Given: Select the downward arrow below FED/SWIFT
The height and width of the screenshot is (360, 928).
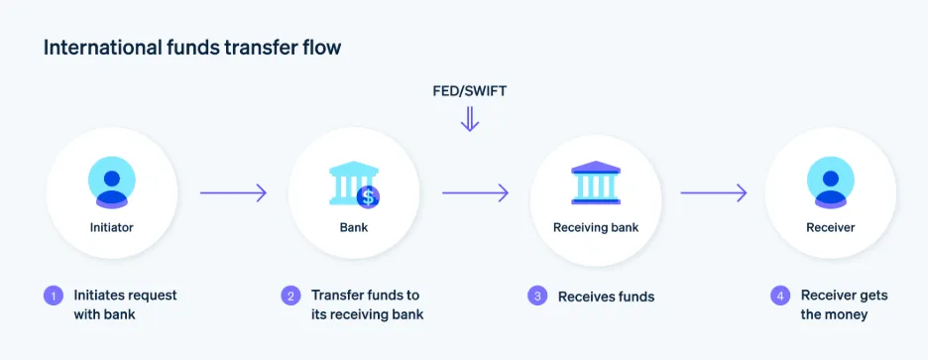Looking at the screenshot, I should [x=470, y=120].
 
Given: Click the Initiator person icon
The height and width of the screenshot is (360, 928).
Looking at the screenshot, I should [x=112, y=183].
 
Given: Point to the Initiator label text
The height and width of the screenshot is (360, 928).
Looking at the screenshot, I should [x=111, y=228].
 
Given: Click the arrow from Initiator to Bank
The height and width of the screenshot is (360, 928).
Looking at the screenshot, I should [x=234, y=192].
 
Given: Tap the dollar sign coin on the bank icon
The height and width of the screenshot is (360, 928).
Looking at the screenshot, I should [x=369, y=196].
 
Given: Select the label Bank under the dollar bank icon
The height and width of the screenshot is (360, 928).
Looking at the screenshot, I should [x=353, y=228].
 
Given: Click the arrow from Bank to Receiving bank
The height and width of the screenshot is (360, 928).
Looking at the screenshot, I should [x=475, y=192].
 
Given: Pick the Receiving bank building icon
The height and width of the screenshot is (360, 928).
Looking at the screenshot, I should [x=595, y=183].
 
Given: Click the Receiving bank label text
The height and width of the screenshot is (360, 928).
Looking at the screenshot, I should [x=595, y=228].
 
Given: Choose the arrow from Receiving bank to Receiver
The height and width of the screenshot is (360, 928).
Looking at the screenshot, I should [x=713, y=192].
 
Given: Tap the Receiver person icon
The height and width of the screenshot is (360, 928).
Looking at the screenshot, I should [x=830, y=183].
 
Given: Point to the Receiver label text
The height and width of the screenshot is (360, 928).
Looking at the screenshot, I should [x=830, y=228].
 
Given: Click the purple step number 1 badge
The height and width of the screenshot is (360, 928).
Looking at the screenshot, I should [x=52, y=296].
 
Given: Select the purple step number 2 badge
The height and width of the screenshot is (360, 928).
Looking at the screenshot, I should [x=290, y=296].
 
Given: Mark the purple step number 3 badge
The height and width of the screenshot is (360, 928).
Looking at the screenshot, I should [x=536, y=296].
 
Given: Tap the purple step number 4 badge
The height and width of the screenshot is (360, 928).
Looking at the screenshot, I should [x=779, y=296].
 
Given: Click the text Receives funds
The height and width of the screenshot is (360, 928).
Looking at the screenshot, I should [x=606, y=297].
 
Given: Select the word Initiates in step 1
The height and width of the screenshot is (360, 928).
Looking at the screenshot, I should [x=99, y=296].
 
